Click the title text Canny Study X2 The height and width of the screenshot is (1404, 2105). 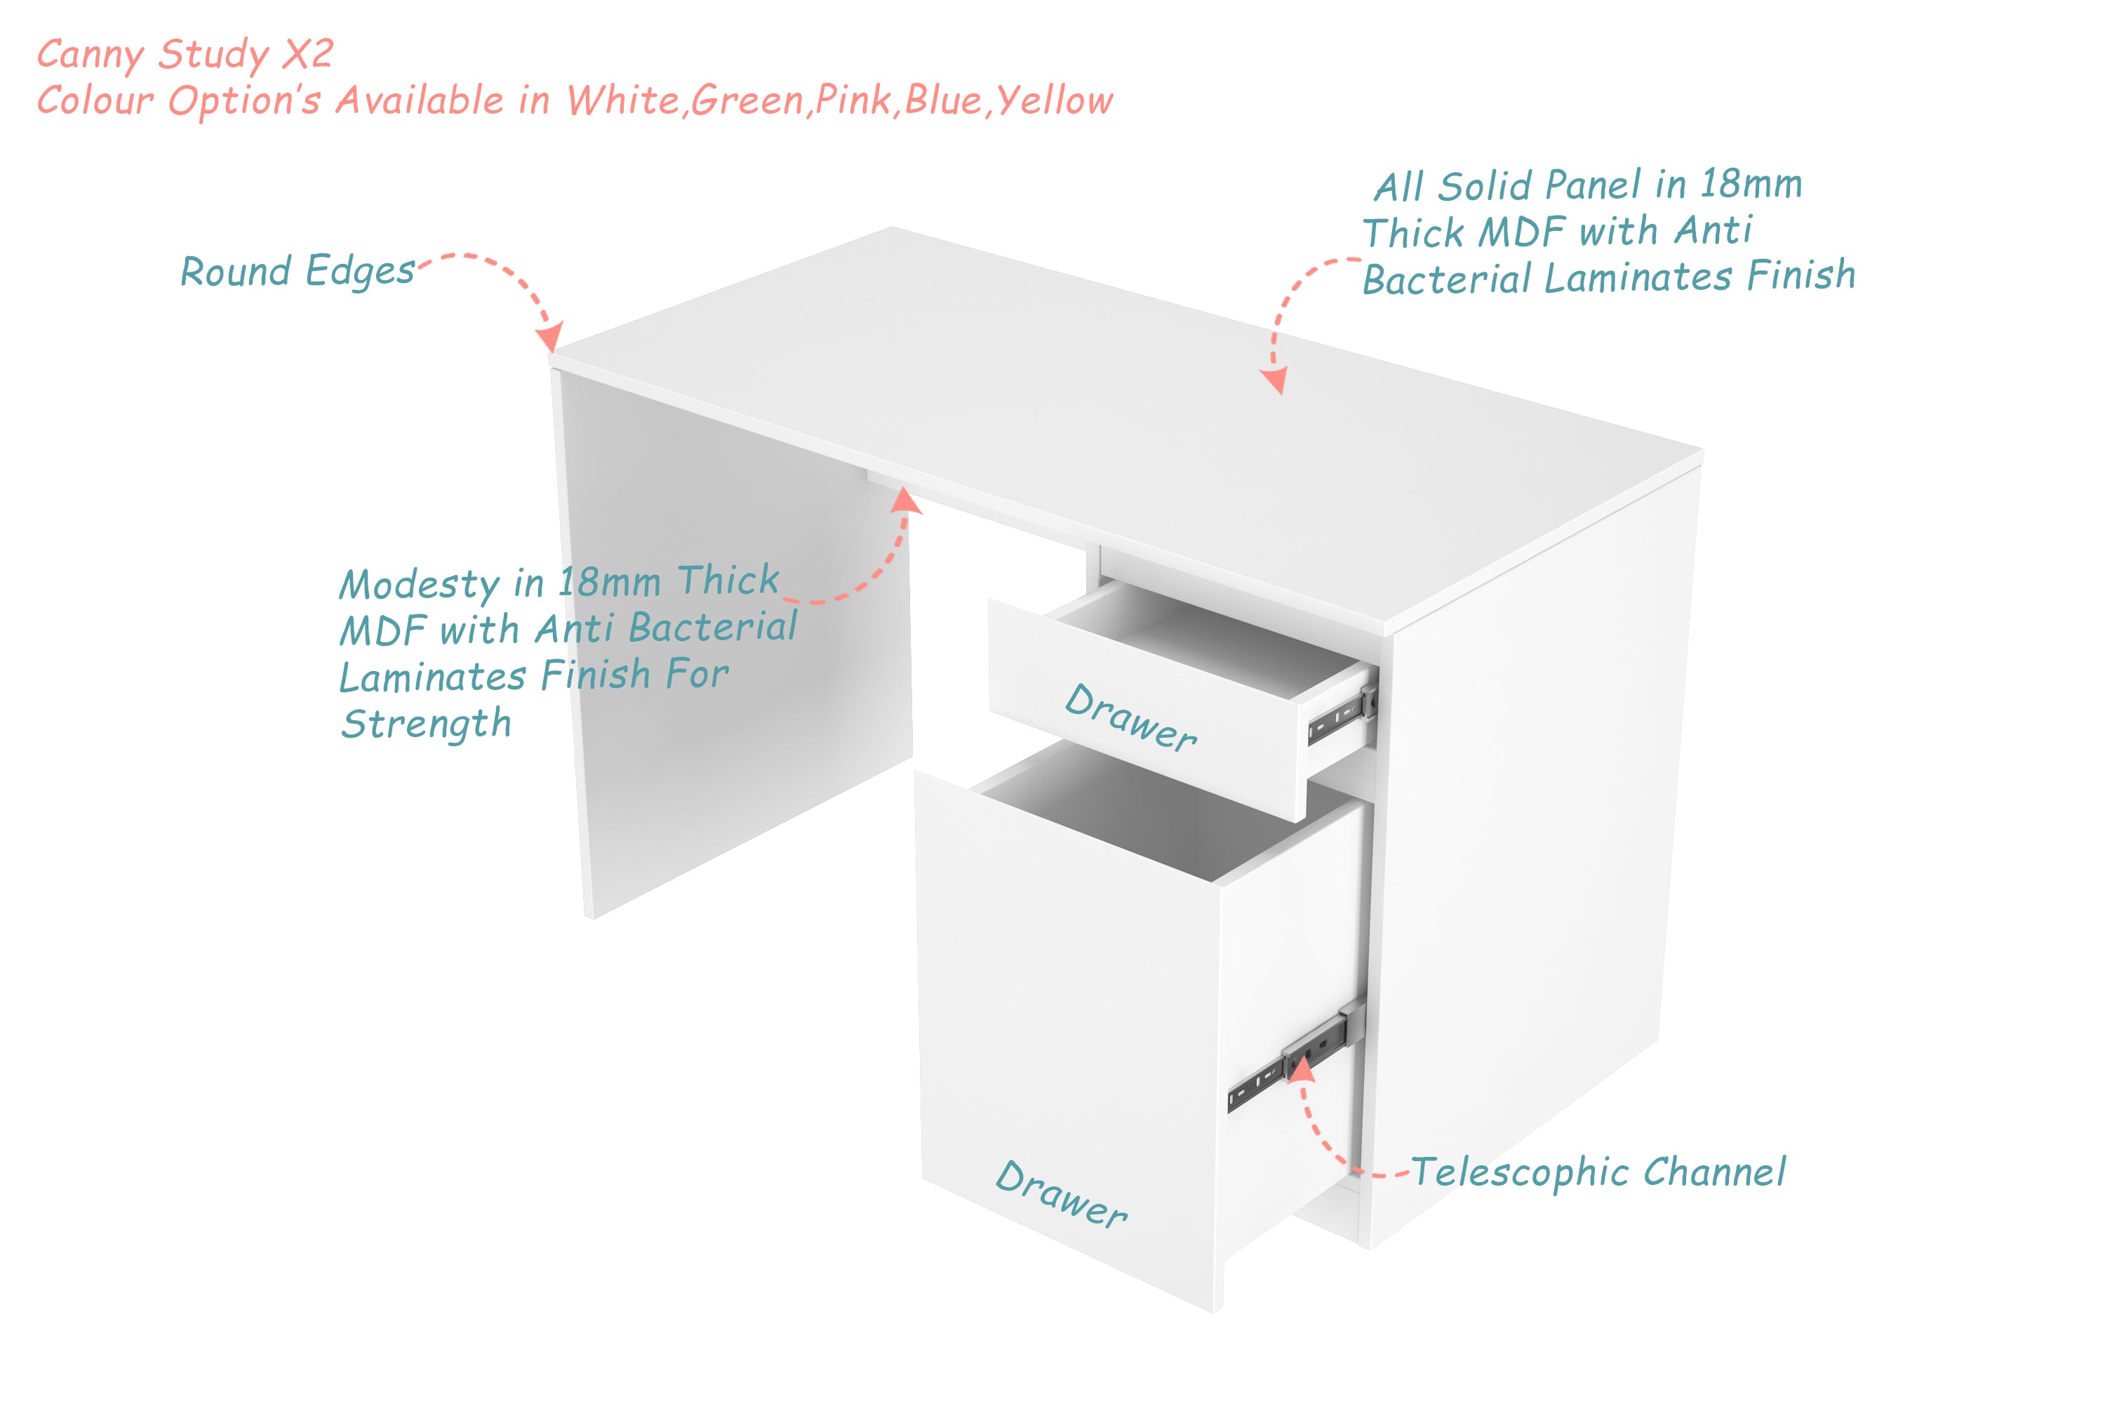pyautogui.click(x=185, y=55)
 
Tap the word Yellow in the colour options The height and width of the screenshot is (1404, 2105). pyautogui.click(x=1055, y=101)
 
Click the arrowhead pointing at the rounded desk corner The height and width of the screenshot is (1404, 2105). pyautogui.click(x=549, y=338)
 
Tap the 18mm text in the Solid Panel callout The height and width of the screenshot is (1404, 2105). pyautogui.click(x=1751, y=185)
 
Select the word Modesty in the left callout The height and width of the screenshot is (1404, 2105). pyautogui.click(x=419, y=586)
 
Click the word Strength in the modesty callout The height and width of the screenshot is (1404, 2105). pyautogui.click(x=426, y=724)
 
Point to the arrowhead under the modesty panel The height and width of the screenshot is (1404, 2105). pyautogui.click(x=905, y=501)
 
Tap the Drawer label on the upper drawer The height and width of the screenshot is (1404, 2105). pyautogui.click(x=1131, y=718)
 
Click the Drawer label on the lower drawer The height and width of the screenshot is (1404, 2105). pyautogui.click(x=1062, y=1195)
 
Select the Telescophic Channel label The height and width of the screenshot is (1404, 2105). pyautogui.click(x=1598, y=1172)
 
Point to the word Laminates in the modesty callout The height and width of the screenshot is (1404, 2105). pyautogui.click(x=432, y=677)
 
